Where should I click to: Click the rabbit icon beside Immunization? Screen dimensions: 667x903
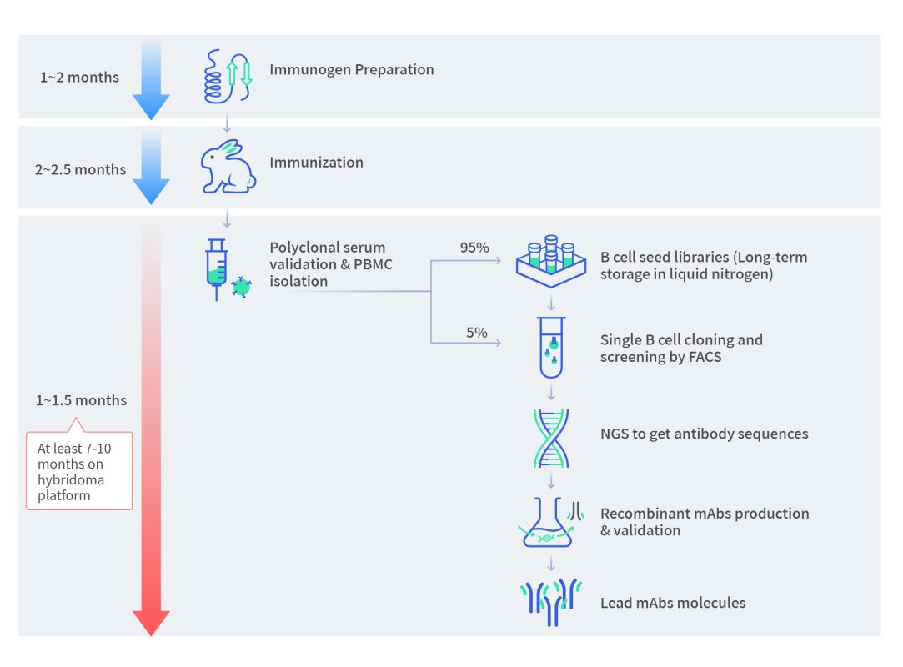pyautogui.click(x=226, y=166)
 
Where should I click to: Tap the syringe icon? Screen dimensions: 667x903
pyautogui.click(x=217, y=268)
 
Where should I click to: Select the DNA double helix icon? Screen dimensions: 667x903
pyautogui.click(x=550, y=437)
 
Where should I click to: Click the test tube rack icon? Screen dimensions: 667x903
pyautogui.click(x=549, y=261)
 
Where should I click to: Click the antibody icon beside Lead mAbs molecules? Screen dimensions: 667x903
pyautogui.click(x=550, y=602)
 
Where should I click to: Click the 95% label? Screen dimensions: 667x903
pyautogui.click(x=474, y=248)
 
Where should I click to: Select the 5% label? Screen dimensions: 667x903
pyautogui.click(x=476, y=332)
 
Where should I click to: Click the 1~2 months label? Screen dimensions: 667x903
pyautogui.click(x=79, y=78)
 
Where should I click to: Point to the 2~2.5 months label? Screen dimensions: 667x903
pyautogui.click(x=80, y=169)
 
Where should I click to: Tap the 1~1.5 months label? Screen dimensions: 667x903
pyautogui.click(x=81, y=400)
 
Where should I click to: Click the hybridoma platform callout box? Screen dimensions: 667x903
pyautogui.click(x=79, y=470)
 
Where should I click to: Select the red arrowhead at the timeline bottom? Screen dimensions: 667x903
pyautogui.click(x=151, y=622)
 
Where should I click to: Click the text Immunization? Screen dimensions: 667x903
pyautogui.click(x=316, y=162)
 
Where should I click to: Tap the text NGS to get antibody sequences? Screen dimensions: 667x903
pyautogui.click(x=704, y=434)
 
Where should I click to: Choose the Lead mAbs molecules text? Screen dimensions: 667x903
pyautogui.click(x=673, y=602)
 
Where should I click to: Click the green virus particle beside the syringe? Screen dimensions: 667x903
pyautogui.click(x=241, y=288)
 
